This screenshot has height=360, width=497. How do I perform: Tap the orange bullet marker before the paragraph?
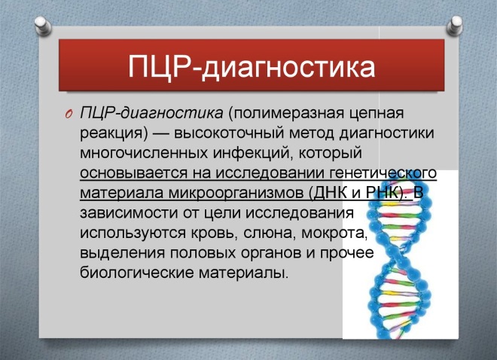coord(66,113)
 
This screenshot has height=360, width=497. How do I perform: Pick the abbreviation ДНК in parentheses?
coord(317,193)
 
